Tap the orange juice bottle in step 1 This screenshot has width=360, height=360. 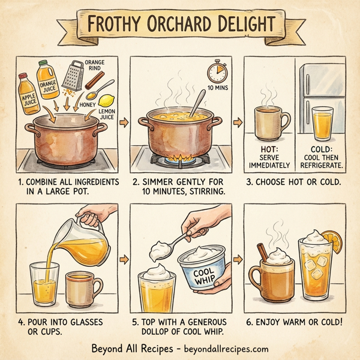(x=48, y=84)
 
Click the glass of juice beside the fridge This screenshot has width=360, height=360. (x=322, y=123)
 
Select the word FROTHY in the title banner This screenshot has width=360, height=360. (x=122, y=25)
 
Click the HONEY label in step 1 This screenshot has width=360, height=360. (x=87, y=104)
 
